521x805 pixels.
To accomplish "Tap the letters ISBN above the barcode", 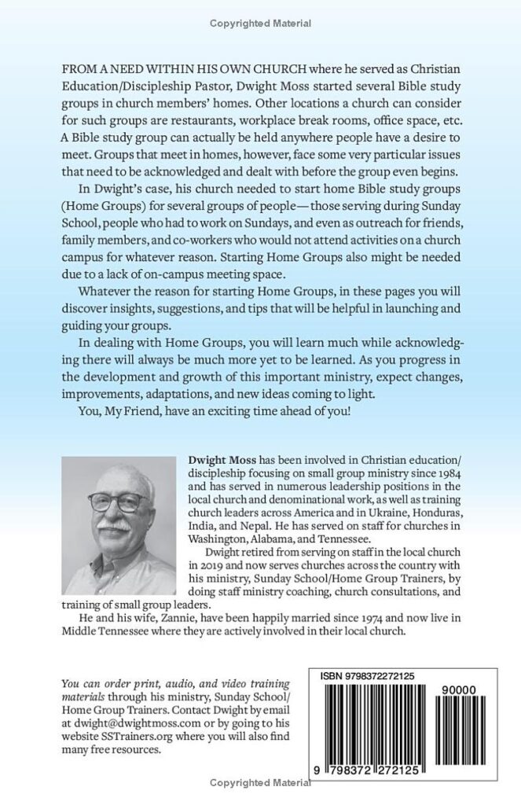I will pyautogui.click(x=334, y=675).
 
